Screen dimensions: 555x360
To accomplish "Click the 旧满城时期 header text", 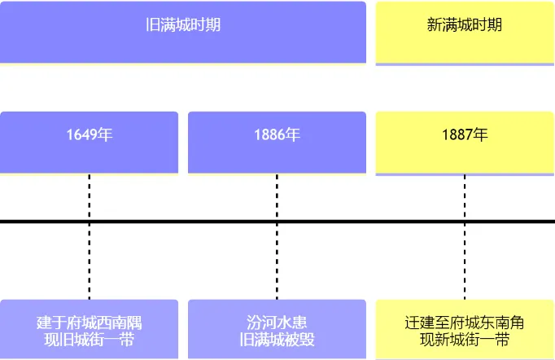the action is (183, 24).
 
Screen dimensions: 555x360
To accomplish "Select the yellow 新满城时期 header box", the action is (465, 33).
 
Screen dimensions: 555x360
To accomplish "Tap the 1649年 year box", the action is (89, 143).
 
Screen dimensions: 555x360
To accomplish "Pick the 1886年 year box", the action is (277, 143).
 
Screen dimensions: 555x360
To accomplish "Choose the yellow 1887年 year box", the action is (465, 143).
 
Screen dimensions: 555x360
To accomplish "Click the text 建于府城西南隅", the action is (90, 323).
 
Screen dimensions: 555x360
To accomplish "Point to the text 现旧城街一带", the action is (90, 340).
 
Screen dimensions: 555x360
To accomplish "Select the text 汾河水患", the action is (277, 323).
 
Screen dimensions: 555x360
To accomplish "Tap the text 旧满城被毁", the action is (277, 340).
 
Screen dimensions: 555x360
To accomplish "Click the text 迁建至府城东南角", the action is (465, 323).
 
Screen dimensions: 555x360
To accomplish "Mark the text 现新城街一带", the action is (465, 340).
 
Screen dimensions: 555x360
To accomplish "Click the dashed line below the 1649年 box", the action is (90, 237).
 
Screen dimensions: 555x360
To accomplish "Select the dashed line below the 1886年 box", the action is (277, 237).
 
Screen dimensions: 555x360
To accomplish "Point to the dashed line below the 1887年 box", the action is (465, 237).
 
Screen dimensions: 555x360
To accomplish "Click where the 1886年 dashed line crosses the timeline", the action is (277, 222).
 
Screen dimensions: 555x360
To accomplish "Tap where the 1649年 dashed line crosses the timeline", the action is (90, 222).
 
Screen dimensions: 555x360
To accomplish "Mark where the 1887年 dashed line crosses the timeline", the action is (465, 222).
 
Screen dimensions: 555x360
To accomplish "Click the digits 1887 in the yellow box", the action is (457, 135).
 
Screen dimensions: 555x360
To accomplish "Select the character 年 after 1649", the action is (105, 134).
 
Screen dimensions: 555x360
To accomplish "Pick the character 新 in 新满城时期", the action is (435, 24).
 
